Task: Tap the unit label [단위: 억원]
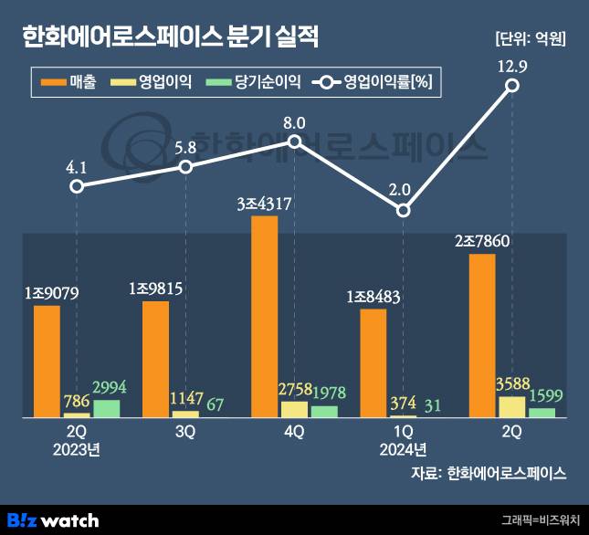(x=529, y=39)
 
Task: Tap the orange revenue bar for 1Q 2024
(x=373, y=362)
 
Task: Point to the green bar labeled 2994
(x=106, y=408)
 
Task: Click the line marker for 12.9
(x=512, y=85)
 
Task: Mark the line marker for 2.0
(x=404, y=211)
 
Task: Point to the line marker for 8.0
(x=294, y=142)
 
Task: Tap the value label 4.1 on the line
(x=77, y=167)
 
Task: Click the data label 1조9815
(x=156, y=288)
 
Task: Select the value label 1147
(x=185, y=398)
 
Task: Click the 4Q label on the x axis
(x=294, y=432)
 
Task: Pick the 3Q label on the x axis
(x=185, y=432)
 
